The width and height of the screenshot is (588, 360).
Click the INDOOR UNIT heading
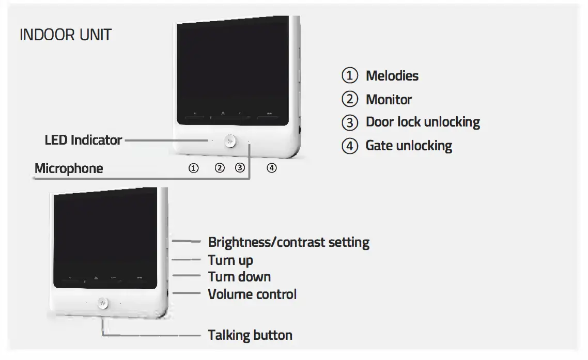pyautogui.click(x=66, y=35)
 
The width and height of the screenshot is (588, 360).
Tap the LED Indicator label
pyautogui.click(x=83, y=140)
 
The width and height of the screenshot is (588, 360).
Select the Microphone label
pyautogui.click(x=69, y=168)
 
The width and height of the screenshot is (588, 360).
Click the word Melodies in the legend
pyautogui.click(x=392, y=76)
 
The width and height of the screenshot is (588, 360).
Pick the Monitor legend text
pyautogui.click(x=389, y=99)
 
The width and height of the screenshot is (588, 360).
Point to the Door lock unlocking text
pyautogui.click(x=423, y=122)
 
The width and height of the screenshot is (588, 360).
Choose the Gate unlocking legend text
pyautogui.click(x=409, y=146)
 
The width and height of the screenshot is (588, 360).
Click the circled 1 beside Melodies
pyautogui.click(x=350, y=76)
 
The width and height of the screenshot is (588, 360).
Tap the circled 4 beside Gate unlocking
pyautogui.click(x=350, y=146)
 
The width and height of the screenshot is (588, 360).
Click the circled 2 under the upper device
pyautogui.click(x=220, y=168)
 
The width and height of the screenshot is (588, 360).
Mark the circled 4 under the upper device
pyautogui.click(x=271, y=168)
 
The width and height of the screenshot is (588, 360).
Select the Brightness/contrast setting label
pyautogui.click(x=288, y=242)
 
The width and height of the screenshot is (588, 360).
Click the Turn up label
pyautogui.click(x=230, y=260)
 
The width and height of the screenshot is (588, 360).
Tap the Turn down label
pyautogui.click(x=239, y=277)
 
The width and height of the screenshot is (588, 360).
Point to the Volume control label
pyautogui.click(x=252, y=294)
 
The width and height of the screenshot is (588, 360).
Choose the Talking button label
pyautogui.click(x=250, y=335)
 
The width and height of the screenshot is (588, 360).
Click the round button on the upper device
pyautogui.click(x=230, y=140)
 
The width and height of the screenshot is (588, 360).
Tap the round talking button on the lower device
pyautogui.click(x=103, y=303)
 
